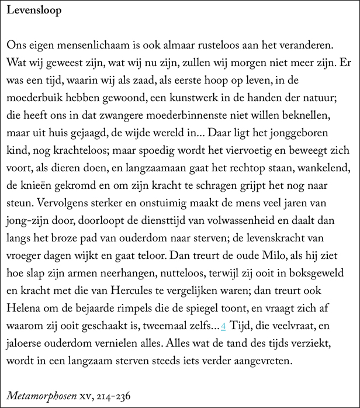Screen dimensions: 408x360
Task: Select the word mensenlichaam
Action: tap(90, 45)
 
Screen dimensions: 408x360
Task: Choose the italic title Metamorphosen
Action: tap(40, 395)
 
